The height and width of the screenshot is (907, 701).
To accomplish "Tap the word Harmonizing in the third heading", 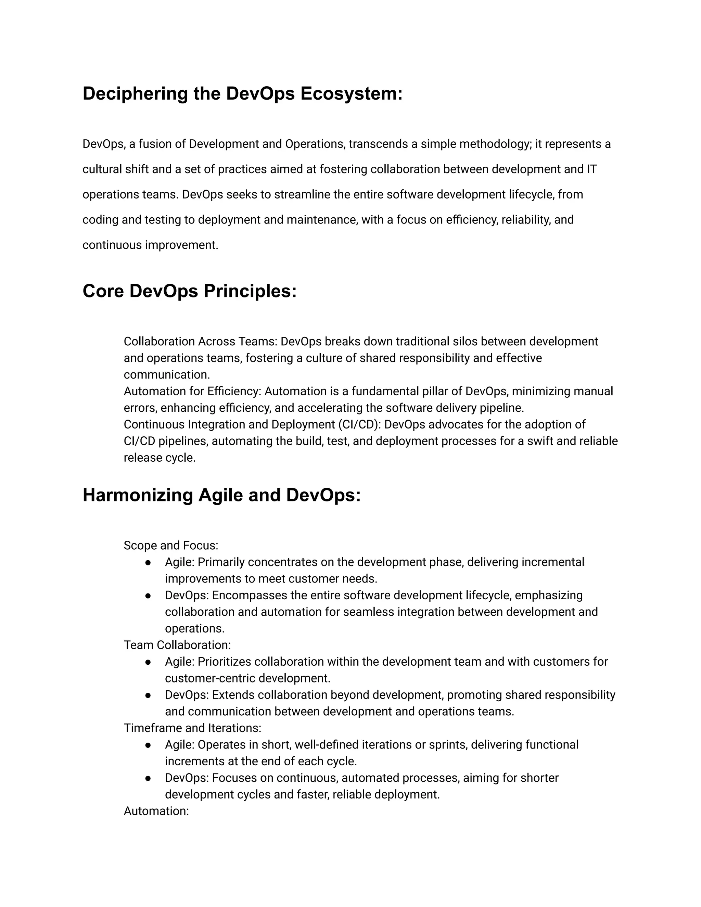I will click(x=138, y=495).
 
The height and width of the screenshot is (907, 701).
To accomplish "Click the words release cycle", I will click(x=159, y=458).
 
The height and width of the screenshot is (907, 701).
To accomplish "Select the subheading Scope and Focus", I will click(x=171, y=545).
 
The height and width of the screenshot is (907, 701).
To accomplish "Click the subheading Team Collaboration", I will click(x=177, y=645).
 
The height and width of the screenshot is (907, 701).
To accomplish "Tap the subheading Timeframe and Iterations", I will click(x=192, y=728).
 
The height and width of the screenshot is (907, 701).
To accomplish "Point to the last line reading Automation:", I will click(x=156, y=811).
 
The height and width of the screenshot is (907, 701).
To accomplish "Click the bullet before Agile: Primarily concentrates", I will click(x=148, y=562).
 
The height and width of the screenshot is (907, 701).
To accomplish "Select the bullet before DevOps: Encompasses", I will click(x=148, y=596).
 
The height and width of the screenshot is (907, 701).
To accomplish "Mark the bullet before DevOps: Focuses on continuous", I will click(x=148, y=778).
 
